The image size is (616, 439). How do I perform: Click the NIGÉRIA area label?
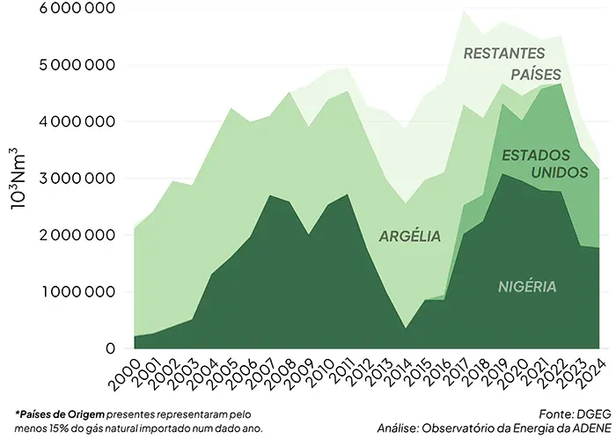(527, 287)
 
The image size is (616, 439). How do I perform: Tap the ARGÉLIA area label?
(409, 236)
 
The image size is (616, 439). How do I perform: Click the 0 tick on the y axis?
(110, 348)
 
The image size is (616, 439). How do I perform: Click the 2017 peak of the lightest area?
(464, 11)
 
